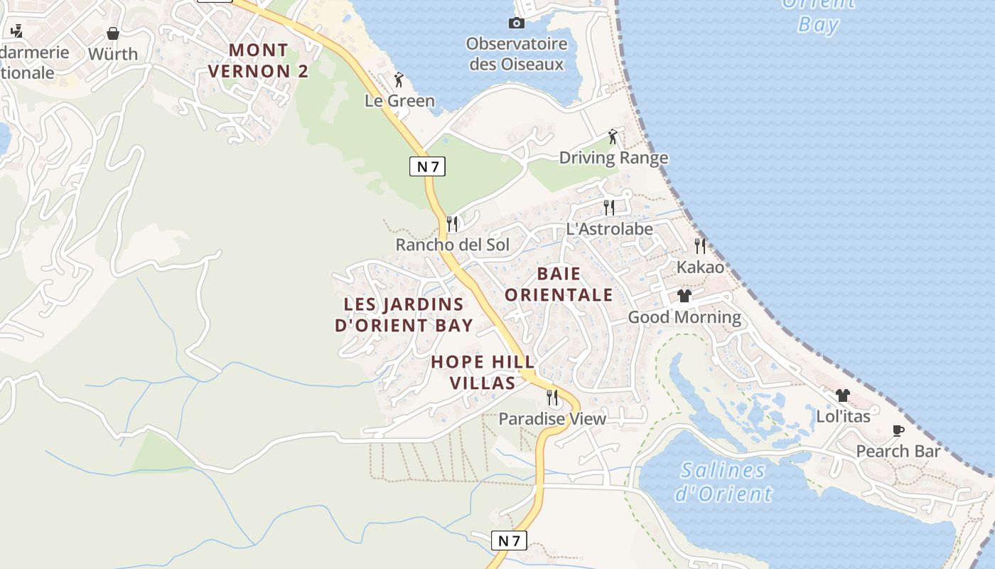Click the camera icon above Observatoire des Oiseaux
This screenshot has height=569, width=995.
(517, 23)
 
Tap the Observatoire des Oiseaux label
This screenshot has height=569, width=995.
(517, 54)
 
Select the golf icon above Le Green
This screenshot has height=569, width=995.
(399, 80)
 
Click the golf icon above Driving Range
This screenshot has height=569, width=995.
(613, 137)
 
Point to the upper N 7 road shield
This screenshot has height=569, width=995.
(427, 167)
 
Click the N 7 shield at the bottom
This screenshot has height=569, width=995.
(509, 541)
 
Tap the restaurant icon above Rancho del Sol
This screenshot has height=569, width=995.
(452, 224)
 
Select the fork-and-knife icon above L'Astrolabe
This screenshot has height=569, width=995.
(609, 208)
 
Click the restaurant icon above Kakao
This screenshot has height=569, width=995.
(700, 246)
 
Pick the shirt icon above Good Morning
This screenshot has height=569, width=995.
(684, 296)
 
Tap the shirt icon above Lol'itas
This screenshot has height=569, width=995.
(843, 395)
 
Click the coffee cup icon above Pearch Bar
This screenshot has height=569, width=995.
(898, 430)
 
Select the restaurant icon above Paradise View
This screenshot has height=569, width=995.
(552, 398)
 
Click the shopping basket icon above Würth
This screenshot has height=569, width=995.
(113, 33)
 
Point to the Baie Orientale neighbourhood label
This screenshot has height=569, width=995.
(559, 284)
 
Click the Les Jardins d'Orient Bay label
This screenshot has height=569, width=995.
(404, 315)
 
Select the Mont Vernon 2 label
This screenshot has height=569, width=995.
(259, 61)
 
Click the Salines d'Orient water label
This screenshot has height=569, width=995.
(723, 482)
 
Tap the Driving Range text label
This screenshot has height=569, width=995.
(613, 158)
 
